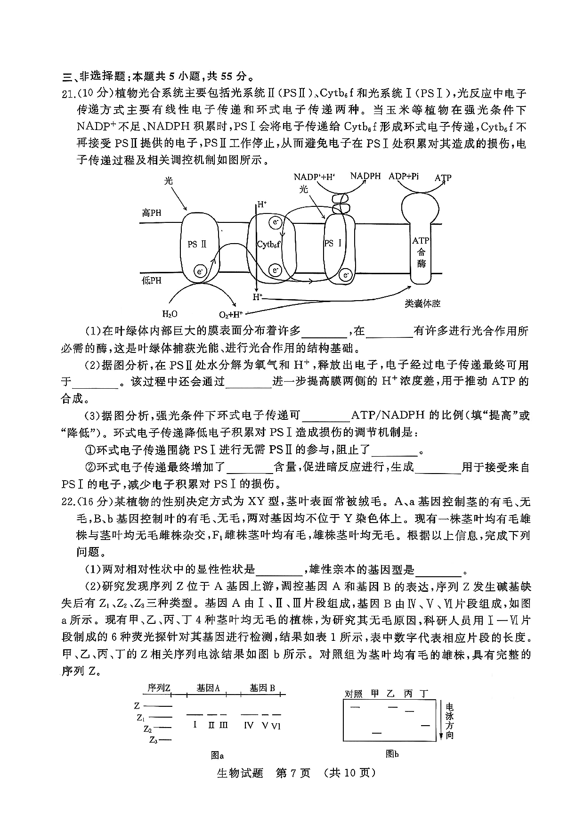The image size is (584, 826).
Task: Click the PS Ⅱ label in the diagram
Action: [x=197, y=244]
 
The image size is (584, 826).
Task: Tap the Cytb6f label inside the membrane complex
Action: [x=268, y=245]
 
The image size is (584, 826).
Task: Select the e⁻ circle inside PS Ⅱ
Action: [x=200, y=272]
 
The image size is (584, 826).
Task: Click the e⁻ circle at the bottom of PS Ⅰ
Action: [x=346, y=275]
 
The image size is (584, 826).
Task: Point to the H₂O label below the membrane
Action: [x=170, y=314]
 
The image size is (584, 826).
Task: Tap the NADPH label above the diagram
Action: [x=365, y=176]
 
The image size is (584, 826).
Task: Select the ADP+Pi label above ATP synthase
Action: [x=404, y=177]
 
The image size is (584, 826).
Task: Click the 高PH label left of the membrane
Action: [x=152, y=213]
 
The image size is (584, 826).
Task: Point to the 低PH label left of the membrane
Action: [x=152, y=281]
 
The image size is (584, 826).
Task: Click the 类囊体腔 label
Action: [x=422, y=303]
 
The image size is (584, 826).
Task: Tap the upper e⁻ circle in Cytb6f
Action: [x=275, y=222]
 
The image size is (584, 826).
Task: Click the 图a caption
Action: [x=217, y=755]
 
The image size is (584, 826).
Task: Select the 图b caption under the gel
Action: [x=392, y=754]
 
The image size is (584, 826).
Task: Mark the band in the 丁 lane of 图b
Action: [x=425, y=726]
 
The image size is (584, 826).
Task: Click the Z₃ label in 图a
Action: [x=153, y=740]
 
